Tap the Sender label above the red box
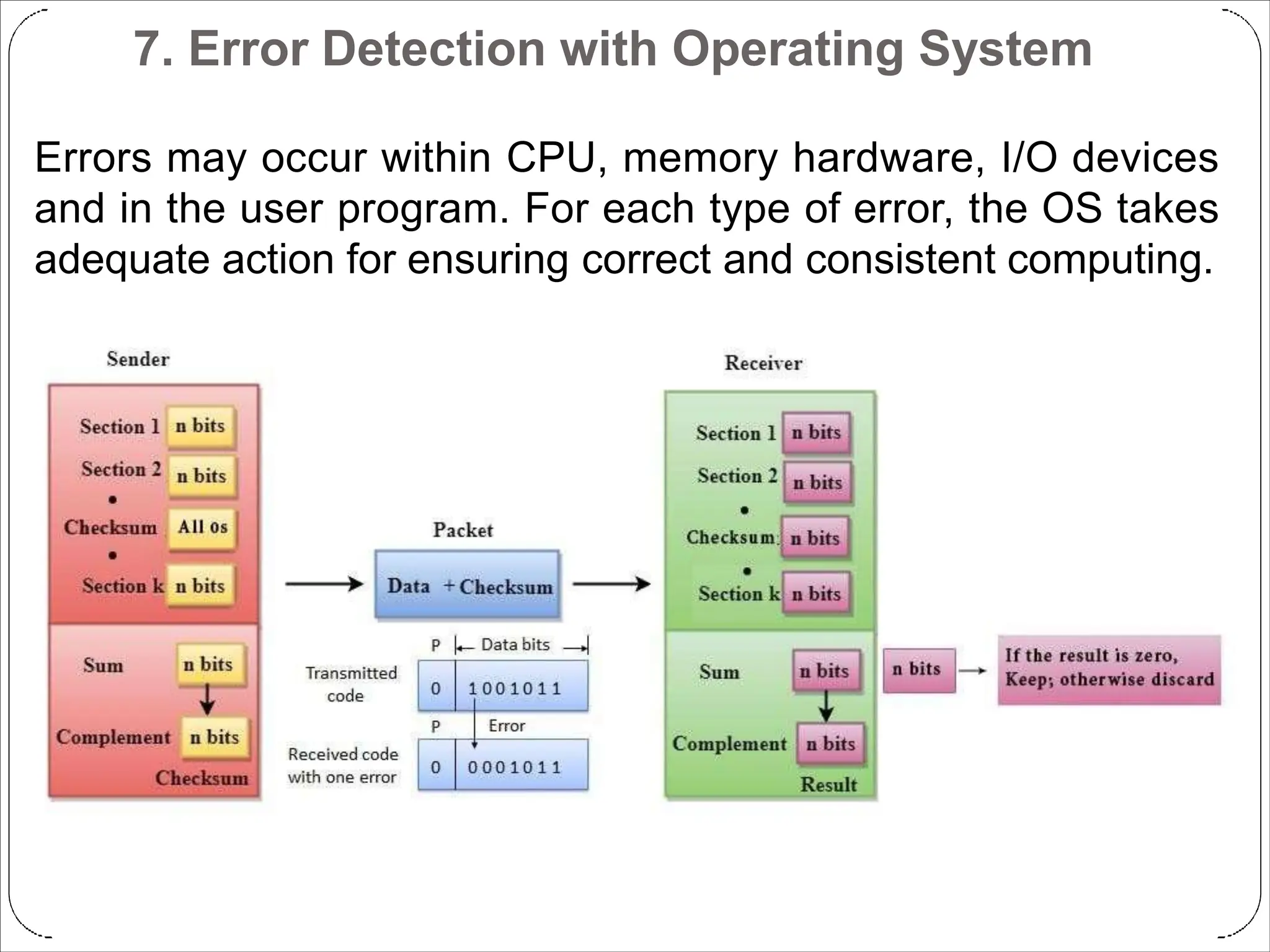(138, 359)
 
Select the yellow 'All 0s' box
(202, 527)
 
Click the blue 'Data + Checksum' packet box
(467, 585)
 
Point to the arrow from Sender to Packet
(324, 584)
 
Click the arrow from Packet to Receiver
(611, 584)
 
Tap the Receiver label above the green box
(763, 363)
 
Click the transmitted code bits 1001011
(515, 689)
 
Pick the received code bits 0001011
(515, 768)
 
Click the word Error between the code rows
(507, 726)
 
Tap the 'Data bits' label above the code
(515, 645)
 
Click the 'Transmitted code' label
(351, 684)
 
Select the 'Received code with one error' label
(342, 765)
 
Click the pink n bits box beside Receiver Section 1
(816, 433)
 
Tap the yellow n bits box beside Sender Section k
(200, 586)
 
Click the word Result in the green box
(828, 785)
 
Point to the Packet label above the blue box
(463, 531)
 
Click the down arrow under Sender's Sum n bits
(208, 700)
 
